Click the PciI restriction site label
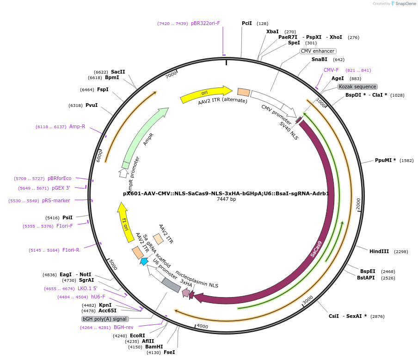(x=247, y=23)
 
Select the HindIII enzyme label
(x=379, y=251)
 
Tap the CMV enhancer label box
(x=318, y=51)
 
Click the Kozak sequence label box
(x=357, y=87)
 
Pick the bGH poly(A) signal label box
(x=104, y=319)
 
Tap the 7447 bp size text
(x=226, y=199)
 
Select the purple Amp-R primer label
(x=77, y=126)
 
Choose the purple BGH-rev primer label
(x=123, y=328)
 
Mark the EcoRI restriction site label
(x=137, y=335)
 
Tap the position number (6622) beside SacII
(x=101, y=72)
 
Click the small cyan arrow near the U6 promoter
(x=144, y=261)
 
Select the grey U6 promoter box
(x=171, y=285)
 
